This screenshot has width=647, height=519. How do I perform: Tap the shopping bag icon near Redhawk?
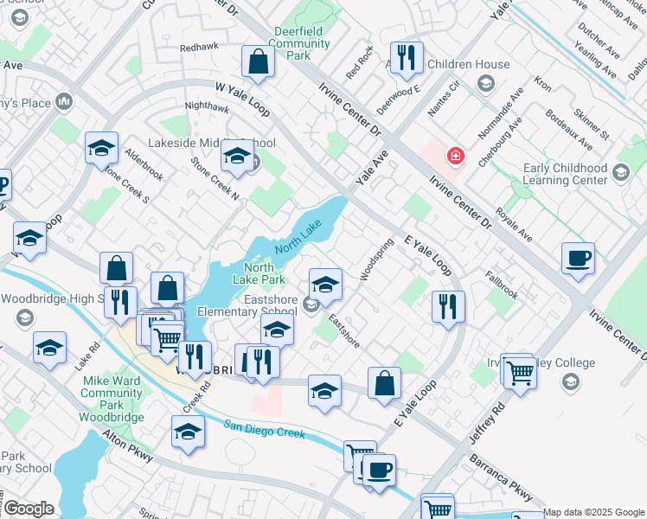[x=258, y=61]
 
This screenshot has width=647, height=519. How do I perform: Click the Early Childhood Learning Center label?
[x=566, y=174]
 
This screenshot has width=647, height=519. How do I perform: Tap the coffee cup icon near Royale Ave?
[x=578, y=258]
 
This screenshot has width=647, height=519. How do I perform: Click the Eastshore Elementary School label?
[x=247, y=305]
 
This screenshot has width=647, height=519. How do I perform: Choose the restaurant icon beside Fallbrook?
[x=448, y=306]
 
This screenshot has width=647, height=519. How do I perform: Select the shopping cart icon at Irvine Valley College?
[x=520, y=373]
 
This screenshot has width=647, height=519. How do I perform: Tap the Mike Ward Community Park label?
[x=112, y=393]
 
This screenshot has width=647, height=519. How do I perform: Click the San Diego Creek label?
[x=264, y=428]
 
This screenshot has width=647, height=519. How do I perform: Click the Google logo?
[x=29, y=509]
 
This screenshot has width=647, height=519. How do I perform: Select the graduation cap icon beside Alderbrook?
[x=101, y=148]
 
